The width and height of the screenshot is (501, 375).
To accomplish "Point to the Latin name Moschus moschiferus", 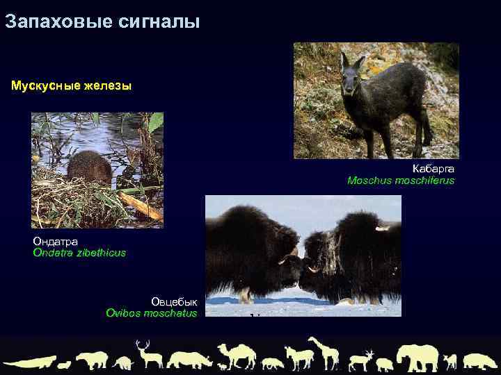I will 401,181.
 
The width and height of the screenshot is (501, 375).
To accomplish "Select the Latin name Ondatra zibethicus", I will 79,253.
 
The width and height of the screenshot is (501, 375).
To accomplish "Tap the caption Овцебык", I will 174,301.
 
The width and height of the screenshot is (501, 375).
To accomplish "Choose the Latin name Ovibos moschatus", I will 151,313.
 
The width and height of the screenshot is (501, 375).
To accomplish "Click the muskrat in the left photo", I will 89,167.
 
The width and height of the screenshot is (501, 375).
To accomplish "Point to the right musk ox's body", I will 362,250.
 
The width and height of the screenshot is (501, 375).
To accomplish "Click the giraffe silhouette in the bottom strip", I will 325,352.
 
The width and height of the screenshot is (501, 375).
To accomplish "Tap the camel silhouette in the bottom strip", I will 237,355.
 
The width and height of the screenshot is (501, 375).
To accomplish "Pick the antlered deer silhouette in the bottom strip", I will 148,354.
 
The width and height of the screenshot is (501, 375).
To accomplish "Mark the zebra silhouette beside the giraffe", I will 299,357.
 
